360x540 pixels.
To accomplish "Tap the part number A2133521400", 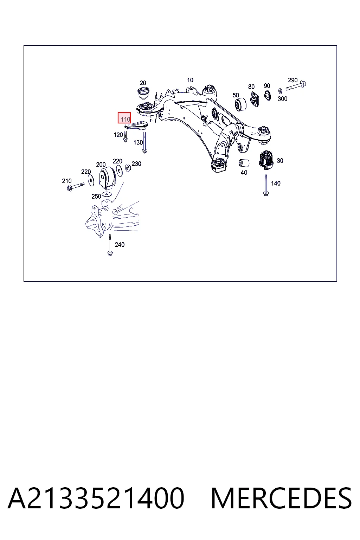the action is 96,498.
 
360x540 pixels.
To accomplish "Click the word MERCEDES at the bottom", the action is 281,498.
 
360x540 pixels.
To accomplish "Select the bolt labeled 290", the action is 296,86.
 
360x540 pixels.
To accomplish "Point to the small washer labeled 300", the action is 280,91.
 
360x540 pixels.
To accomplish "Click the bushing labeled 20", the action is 143,94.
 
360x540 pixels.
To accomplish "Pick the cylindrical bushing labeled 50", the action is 240,104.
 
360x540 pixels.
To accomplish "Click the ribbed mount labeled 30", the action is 266,160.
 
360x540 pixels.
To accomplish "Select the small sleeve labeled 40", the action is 244,163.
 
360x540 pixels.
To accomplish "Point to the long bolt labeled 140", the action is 266,185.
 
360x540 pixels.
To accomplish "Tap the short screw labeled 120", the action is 126,136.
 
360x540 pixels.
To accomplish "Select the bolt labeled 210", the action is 76,187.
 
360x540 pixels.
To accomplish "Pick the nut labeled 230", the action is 128,167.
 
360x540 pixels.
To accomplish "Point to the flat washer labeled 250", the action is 106,194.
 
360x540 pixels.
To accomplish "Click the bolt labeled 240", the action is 110,245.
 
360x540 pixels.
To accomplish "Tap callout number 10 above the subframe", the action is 190,80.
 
